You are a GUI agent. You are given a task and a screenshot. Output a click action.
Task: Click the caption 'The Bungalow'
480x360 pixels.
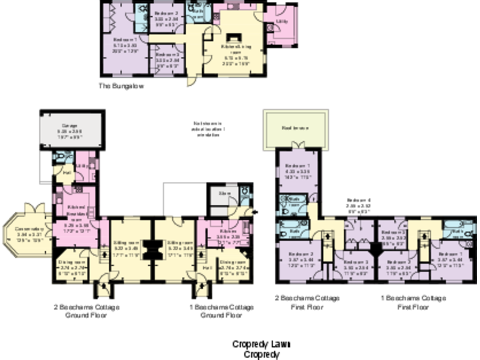coord(121,86)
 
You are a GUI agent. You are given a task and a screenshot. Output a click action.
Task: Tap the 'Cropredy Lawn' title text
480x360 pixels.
coord(261,344)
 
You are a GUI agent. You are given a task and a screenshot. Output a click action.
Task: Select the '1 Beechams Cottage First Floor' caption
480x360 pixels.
coord(414,302)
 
